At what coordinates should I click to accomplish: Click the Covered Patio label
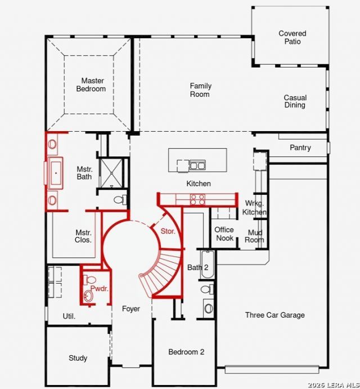pos(292,37)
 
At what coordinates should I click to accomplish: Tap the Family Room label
pos(200,90)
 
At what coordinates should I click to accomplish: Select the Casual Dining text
pos(295,101)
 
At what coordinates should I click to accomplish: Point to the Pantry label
pos(300,148)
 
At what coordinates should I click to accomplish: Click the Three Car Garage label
pos(274,315)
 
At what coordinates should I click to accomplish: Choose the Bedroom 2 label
pos(186,352)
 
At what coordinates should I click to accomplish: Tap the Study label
pos(78,358)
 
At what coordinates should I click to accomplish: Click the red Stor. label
pos(168,231)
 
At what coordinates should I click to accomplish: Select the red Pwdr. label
pos(100,288)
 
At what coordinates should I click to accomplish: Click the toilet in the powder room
pos(89,280)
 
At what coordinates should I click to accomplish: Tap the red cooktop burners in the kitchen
pos(197,200)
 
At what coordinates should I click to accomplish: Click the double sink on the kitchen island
pos(197,165)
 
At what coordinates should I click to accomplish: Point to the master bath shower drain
pos(111,173)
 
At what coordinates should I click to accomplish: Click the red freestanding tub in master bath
pos(56,173)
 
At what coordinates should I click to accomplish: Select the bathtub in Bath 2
pos(208,265)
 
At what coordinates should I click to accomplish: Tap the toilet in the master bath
pos(120,200)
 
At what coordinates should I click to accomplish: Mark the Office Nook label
pos(224,234)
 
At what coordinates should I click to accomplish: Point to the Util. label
pos(69,316)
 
